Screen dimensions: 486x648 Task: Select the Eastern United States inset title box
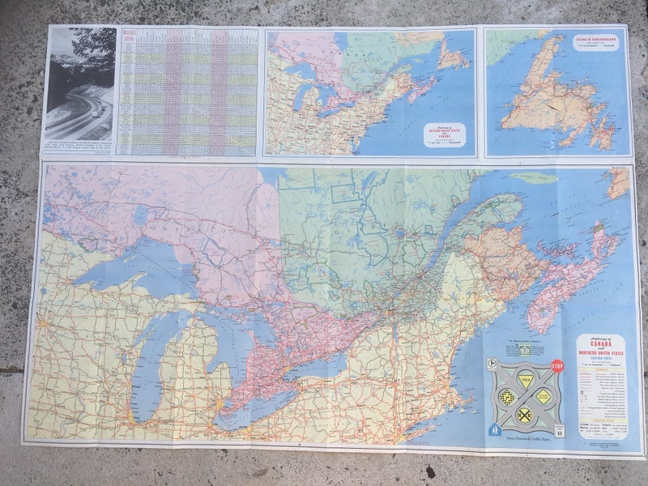[x=445, y=133]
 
